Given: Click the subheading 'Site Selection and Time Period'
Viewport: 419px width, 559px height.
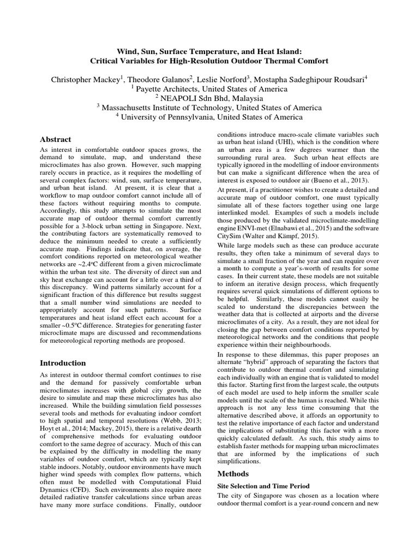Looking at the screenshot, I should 264,485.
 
